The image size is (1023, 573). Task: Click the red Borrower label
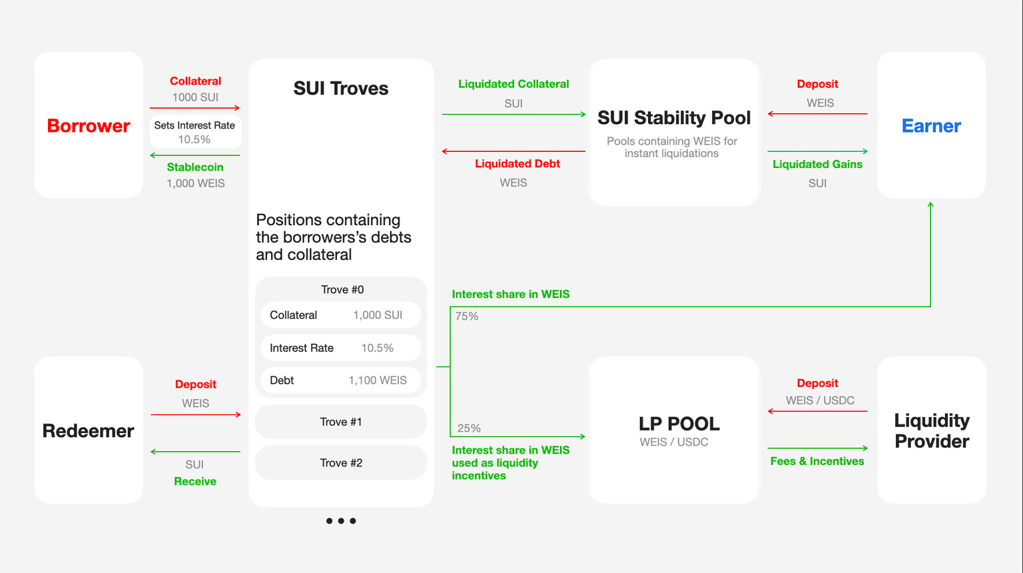point(89,126)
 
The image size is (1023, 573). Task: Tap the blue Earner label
point(931,126)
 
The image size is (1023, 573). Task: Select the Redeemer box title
point(88,431)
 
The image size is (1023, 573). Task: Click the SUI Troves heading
point(341,88)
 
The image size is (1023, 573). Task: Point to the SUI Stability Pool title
point(674,118)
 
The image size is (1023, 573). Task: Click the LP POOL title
point(679,424)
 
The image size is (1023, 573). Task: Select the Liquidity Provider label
point(932,431)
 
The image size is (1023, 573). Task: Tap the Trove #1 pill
point(341,422)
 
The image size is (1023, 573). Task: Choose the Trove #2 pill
point(341,463)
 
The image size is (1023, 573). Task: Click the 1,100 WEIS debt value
point(378,380)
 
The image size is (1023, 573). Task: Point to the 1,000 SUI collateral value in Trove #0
point(378,315)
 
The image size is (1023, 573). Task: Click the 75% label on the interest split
point(467,316)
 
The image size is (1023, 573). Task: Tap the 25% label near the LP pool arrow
point(469,428)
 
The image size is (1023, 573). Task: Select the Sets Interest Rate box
point(195,132)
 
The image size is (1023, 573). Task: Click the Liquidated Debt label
point(517,164)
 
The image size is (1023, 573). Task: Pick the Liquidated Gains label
point(817,164)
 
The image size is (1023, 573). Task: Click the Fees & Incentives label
point(817,461)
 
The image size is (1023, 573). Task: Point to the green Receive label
point(195,481)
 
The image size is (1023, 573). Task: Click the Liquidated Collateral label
point(513,84)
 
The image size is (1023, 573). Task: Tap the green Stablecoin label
point(195,167)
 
